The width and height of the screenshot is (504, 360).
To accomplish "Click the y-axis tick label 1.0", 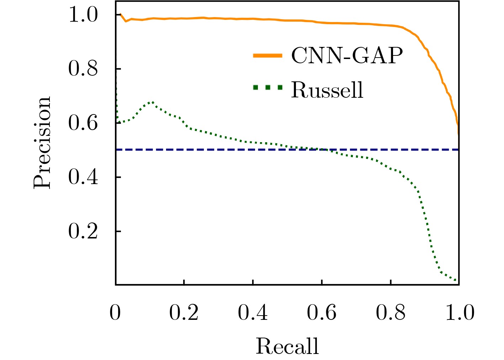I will click(x=83, y=15).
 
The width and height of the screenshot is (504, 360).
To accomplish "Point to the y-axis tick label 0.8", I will click(x=83, y=69).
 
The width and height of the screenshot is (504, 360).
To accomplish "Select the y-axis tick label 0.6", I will click(x=83, y=123).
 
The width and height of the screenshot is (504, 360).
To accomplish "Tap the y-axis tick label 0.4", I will click(x=83, y=177).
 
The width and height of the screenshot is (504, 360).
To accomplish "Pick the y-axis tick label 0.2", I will click(x=83, y=231).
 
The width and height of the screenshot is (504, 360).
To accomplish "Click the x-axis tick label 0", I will click(x=115, y=313).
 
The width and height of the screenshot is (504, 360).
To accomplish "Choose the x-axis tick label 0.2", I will click(x=184, y=313).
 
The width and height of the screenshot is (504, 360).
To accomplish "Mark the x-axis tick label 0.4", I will click(x=253, y=313).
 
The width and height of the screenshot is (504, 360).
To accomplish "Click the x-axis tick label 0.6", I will click(x=322, y=313).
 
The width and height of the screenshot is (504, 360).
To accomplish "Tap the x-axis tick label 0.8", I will click(x=391, y=313).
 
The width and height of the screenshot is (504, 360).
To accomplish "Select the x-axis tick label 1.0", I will click(x=460, y=313).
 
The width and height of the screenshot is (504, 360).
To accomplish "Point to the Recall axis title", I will click(x=287, y=346).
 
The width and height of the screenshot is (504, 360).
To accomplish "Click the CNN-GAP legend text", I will click(x=347, y=55).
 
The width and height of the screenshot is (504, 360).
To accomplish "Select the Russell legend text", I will click(x=327, y=90).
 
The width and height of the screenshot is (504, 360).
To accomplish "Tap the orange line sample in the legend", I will click(x=267, y=55).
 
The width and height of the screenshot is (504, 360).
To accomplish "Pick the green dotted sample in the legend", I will click(x=267, y=87).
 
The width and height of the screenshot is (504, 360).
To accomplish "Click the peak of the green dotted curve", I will click(x=152, y=102).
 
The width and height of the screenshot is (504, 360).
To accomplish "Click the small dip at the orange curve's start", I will click(x=126, y=21).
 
